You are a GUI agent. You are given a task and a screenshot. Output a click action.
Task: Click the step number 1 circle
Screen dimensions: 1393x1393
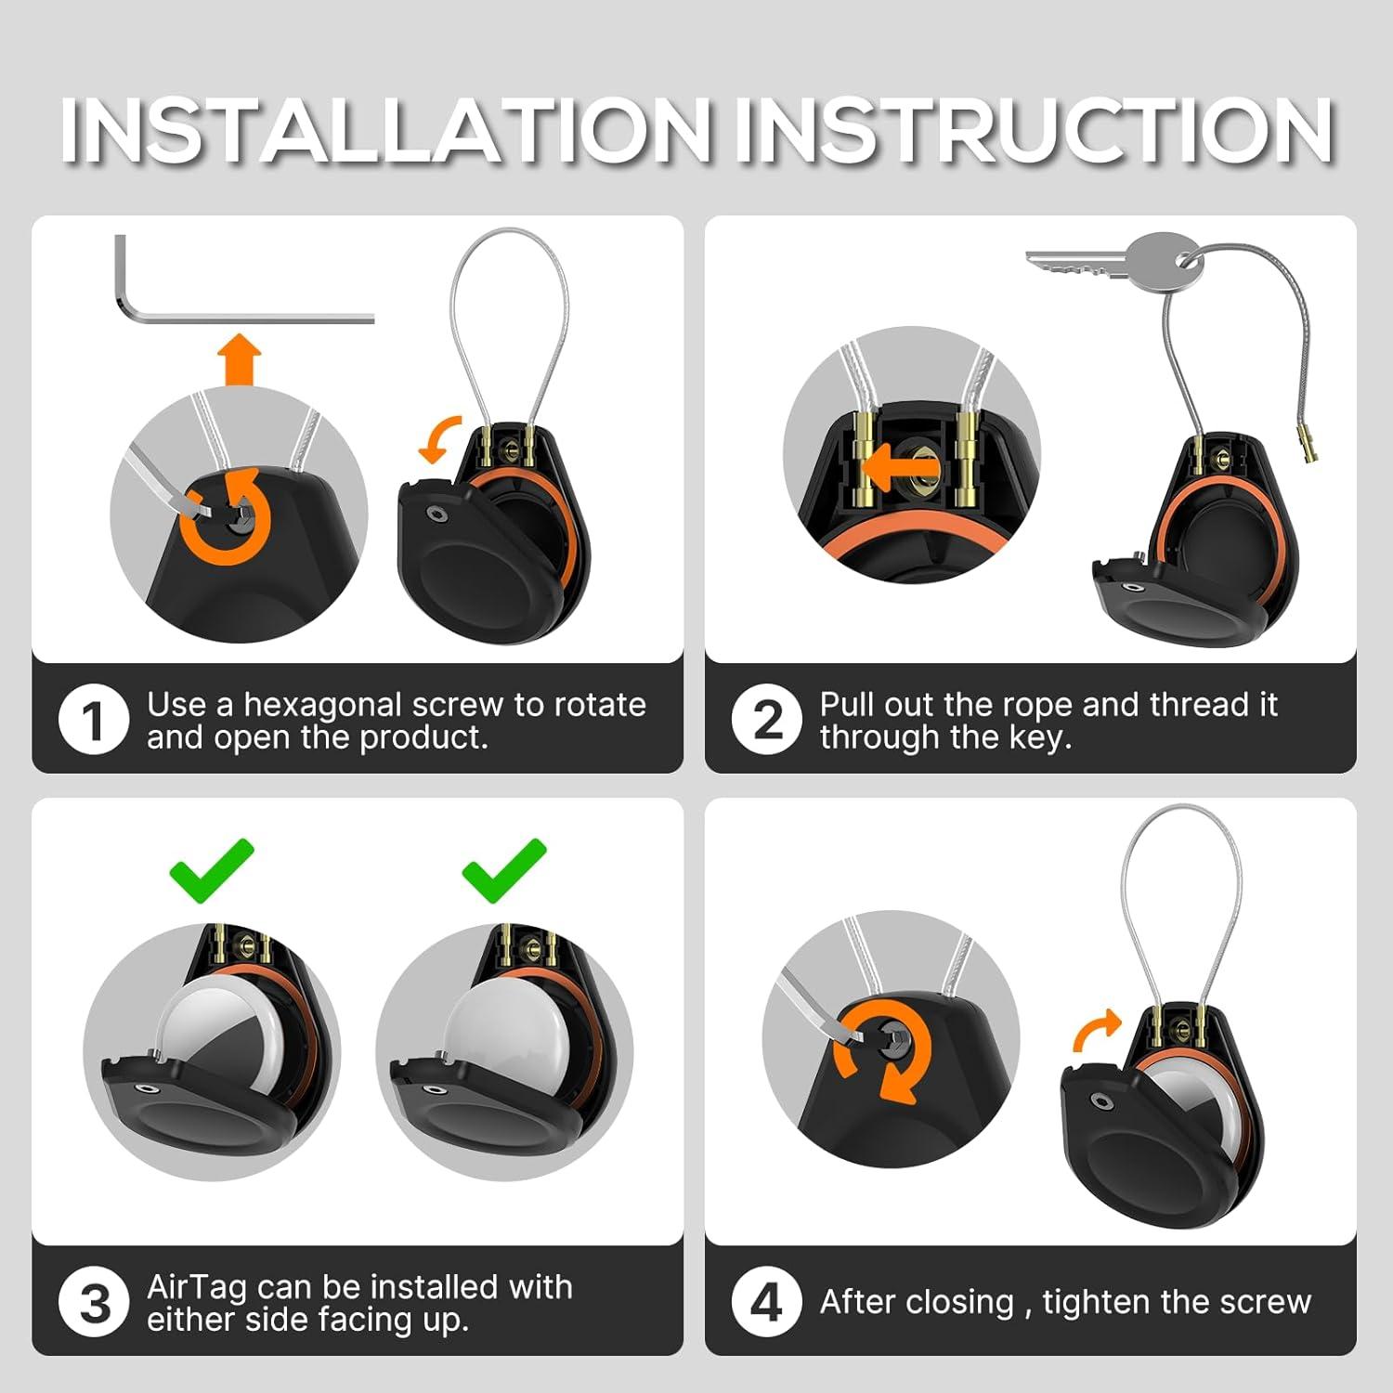click(93, 720)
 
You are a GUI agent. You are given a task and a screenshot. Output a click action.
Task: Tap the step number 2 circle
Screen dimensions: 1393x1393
click(766, 720)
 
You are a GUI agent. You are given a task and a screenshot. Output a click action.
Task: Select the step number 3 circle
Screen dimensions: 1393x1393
click(93, 1302)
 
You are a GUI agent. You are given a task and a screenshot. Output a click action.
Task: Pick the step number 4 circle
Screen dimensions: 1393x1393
click(766, 1302)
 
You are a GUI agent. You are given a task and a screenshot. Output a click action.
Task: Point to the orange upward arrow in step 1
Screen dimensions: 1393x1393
click(240, 359)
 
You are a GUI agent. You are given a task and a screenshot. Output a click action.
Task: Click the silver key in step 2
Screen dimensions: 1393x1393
click(1114, 259)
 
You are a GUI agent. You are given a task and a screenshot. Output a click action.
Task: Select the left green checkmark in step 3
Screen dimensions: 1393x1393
click(212, 869)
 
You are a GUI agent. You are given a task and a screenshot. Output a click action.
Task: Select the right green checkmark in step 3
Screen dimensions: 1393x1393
click(504, 869)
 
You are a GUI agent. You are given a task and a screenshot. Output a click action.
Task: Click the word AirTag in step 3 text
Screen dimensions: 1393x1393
click(197, 1289)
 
